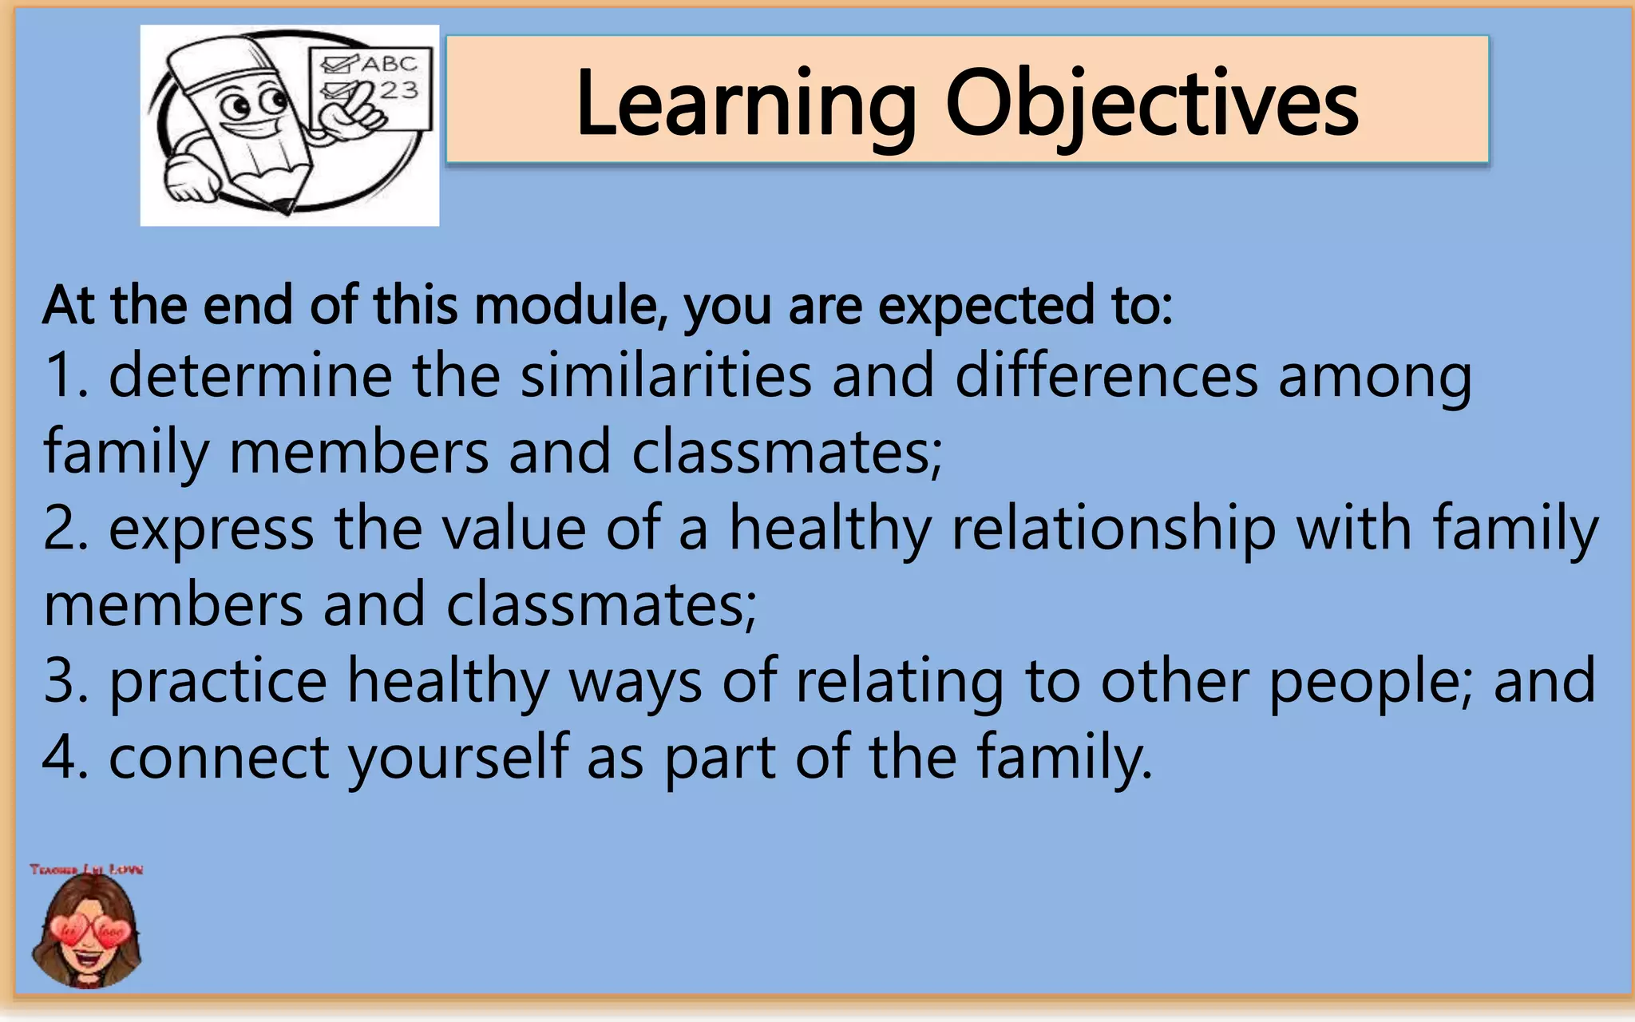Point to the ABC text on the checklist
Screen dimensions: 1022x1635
tap(389, 65)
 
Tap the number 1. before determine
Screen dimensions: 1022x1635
tap(65, 375)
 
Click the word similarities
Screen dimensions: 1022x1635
tap(666, 375)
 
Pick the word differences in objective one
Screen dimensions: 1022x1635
tap(1106, 375)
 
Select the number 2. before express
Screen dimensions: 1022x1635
tap(65, 529)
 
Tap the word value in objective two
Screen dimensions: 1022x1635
tap(514, 529)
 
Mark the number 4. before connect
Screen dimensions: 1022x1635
tap(65, 757)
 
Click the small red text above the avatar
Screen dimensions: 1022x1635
tap(86, 869)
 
